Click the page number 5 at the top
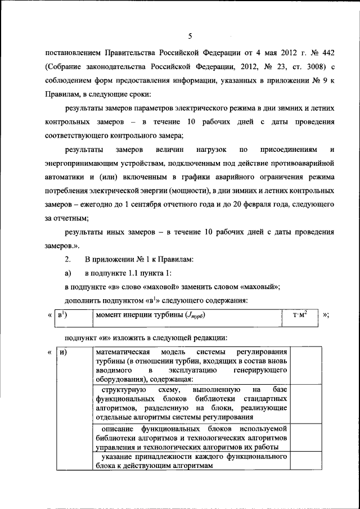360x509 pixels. (x=190, y=37)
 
